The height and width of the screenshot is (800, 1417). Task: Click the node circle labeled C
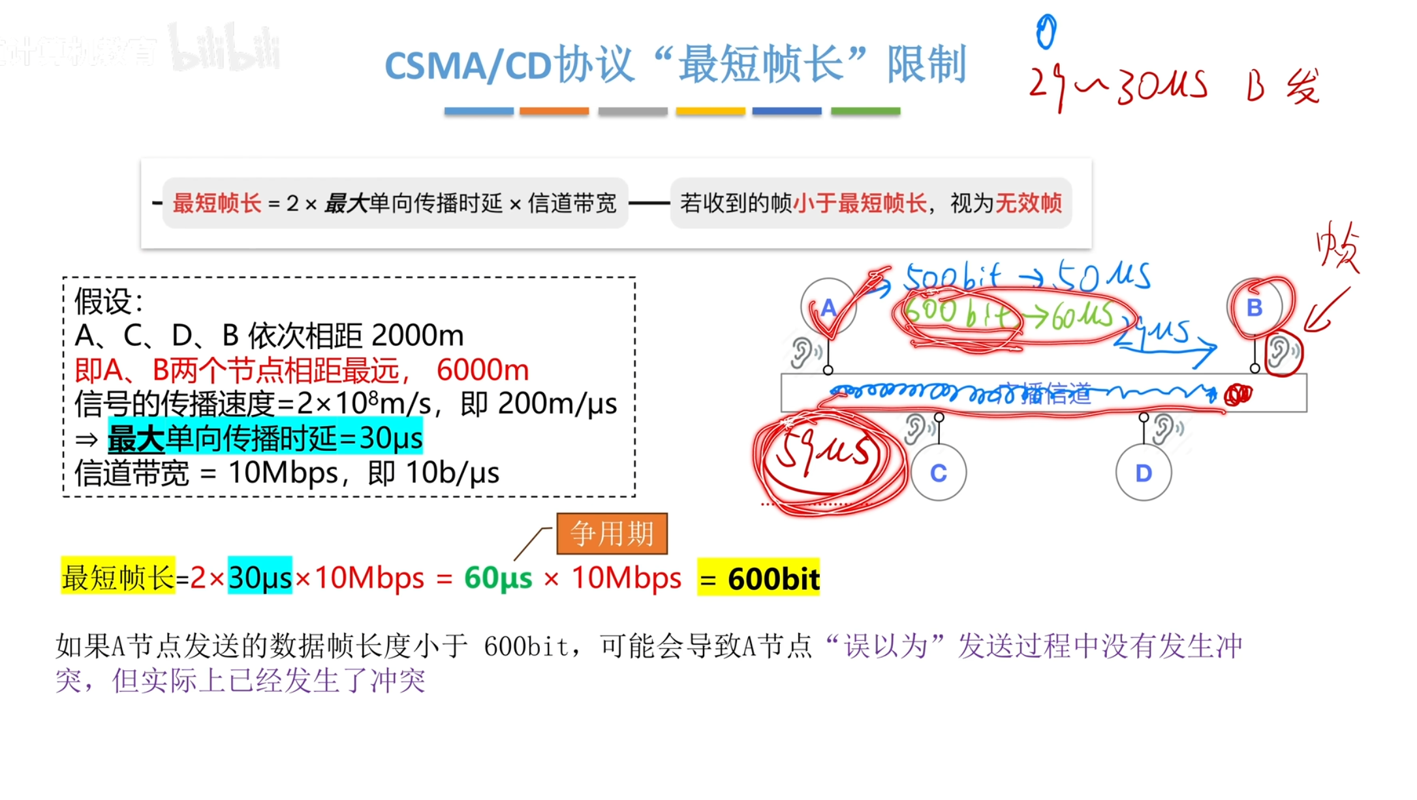[x=938, y=473]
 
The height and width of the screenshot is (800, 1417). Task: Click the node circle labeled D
[x=1143, y=473]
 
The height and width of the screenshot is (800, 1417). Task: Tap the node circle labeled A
[x=828, y=307]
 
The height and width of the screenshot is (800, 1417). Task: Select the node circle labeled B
[x=1254, y=307]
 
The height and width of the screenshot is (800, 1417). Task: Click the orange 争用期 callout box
[x=612, y=534]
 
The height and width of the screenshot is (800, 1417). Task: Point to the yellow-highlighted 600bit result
[x=758, y=578]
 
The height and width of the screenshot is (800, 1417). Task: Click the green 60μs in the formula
[x=498, y=578]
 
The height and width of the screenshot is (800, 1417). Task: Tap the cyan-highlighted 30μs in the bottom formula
[x=260, y=577]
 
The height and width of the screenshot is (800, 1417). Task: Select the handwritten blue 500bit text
[x=952, y=277]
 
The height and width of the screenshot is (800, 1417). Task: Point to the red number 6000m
[x=482, y=371]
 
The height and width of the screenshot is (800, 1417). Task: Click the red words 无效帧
[x=1028, y=204]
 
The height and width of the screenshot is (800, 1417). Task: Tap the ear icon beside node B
[x=1281, y=352]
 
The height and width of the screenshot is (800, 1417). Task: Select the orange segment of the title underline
[x=554, y=112]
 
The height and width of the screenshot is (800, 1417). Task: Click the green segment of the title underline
[x=865, y=112]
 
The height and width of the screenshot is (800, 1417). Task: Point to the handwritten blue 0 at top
[x=1046, y=31]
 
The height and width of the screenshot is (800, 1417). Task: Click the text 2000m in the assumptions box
[x=418, y=336]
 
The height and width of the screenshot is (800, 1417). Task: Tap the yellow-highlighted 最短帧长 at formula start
[x=118, y=577]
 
